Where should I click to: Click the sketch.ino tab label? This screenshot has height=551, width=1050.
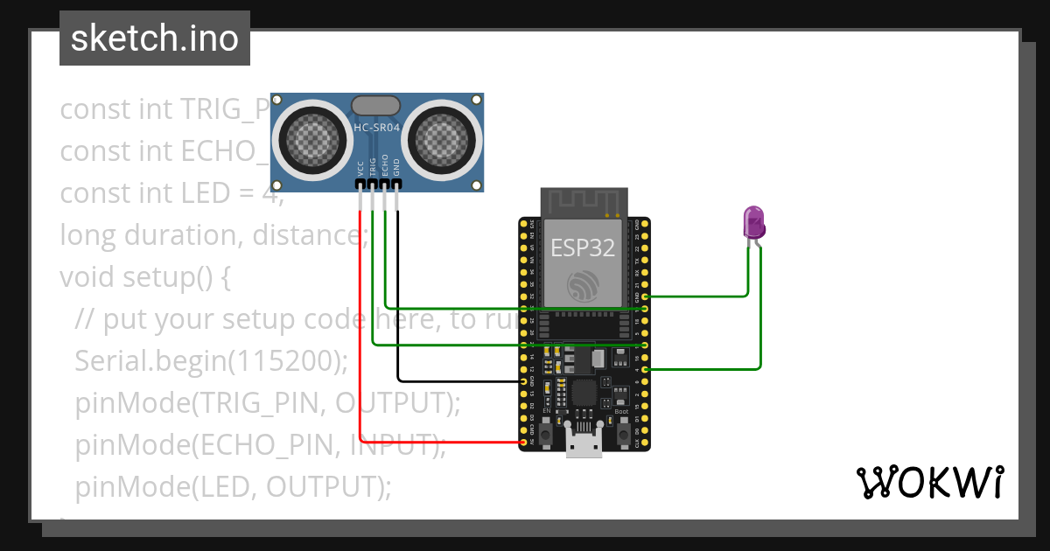(154, 38)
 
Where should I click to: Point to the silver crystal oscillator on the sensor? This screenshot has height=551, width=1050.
(376, 106)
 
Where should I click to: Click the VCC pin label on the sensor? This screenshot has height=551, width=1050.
(360, 168)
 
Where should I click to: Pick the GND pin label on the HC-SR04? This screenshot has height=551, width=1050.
(396, 168)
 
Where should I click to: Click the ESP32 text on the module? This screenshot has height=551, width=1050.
(582, 248)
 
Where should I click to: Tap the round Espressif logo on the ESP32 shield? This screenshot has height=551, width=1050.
(583, 286)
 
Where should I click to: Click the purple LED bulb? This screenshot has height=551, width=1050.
(752, 222)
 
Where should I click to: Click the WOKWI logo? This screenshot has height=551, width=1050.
(928, 482)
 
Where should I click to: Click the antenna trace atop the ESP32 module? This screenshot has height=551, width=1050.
(583, 203)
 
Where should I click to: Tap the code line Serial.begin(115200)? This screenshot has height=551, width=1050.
(212, 360)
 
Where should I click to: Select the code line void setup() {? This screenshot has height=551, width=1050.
(145, 277)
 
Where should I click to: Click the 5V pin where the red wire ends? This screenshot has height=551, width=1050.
(523, 443)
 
